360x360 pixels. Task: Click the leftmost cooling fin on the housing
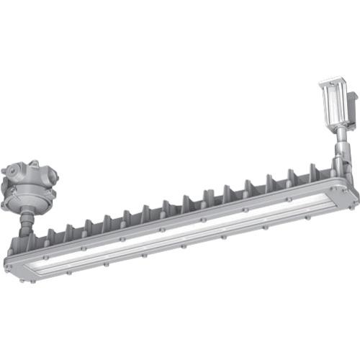[52, 235]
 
